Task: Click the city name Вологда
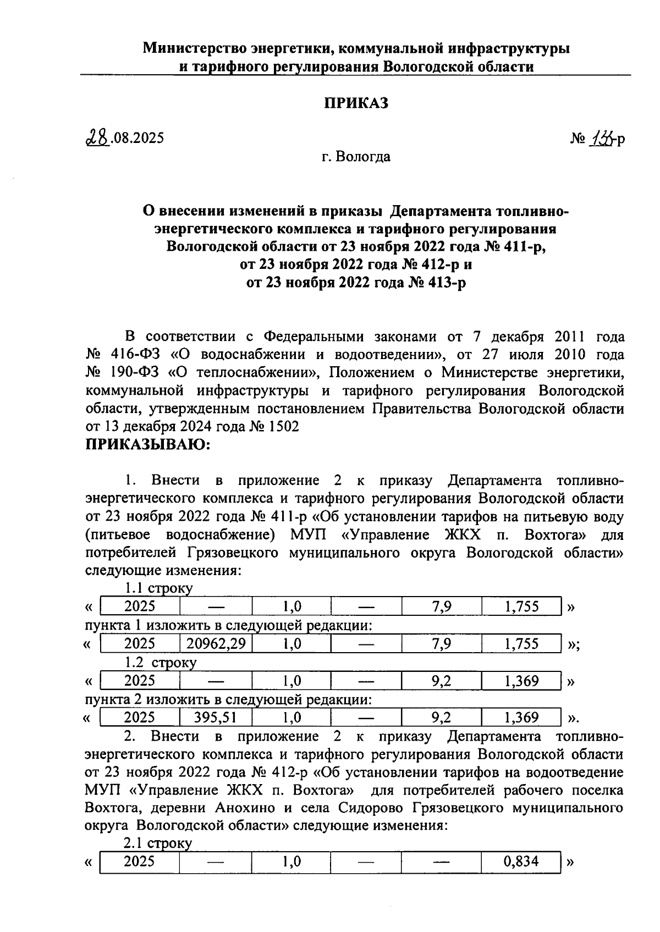(x=364, y=157)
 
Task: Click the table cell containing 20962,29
(x=216, y=643)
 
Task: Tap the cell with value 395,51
(x=216, y=717)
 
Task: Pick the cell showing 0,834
(x=520, y=861)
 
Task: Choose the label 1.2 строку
(x=160, y=663)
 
